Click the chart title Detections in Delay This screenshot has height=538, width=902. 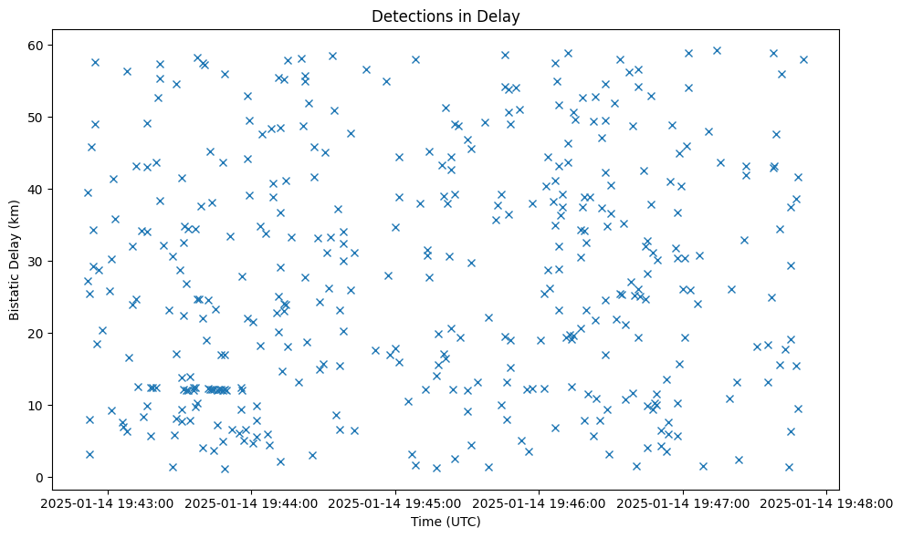point(446,16)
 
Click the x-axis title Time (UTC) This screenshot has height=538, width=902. point(446,522)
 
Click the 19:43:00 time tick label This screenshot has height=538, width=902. point(109,503)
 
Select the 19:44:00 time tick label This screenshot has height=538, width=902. point(252,503)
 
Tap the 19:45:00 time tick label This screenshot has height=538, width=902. point(395,503)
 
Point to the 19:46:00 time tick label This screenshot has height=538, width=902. point(539,503)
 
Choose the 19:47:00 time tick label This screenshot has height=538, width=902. point(683,503)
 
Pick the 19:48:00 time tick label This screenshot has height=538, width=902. point(826,503)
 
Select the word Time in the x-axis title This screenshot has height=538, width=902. point(425,522)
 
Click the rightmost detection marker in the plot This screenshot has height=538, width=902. point(803,59)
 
